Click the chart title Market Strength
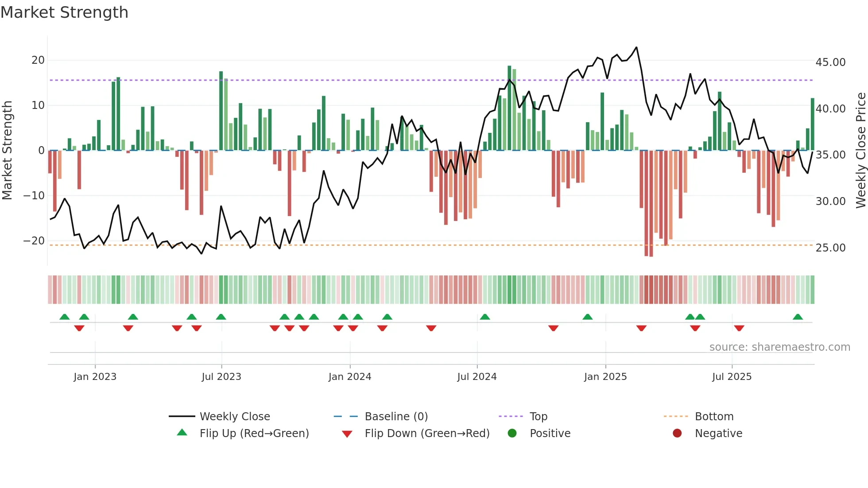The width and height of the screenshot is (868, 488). tap(64, 12)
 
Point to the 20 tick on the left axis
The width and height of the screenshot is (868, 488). tap(38, 60)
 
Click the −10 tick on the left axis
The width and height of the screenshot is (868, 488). tap(34, 196)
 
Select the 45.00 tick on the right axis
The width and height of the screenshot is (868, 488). tap(830, 62)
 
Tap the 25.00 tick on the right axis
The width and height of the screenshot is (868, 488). tap(830, 248)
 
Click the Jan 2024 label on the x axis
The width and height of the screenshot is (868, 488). tap(350, 377)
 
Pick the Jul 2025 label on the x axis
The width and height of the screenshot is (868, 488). tap(732, 377)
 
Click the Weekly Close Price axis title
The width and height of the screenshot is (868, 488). tap(860, 151)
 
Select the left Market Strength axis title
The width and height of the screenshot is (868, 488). tap(8, 151)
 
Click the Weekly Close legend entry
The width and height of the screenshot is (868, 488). tap(235, 417)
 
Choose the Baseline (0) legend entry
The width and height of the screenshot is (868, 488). tap(396, 417)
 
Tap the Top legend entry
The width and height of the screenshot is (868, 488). tap(539, 417)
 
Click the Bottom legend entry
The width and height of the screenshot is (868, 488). tap(714, 417)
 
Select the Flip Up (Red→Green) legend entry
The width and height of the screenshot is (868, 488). tap(254, 434)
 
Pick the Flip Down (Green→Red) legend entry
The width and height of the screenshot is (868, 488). tap(427, 434)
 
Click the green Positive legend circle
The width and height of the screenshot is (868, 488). tap(512, 434)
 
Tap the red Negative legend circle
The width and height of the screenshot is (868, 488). tap(677, 434)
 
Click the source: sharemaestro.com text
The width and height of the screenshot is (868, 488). tap(779, 347)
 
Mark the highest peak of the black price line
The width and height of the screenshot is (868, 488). tap(636, 47)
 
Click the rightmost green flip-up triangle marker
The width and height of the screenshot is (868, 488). tap(798, 317)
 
